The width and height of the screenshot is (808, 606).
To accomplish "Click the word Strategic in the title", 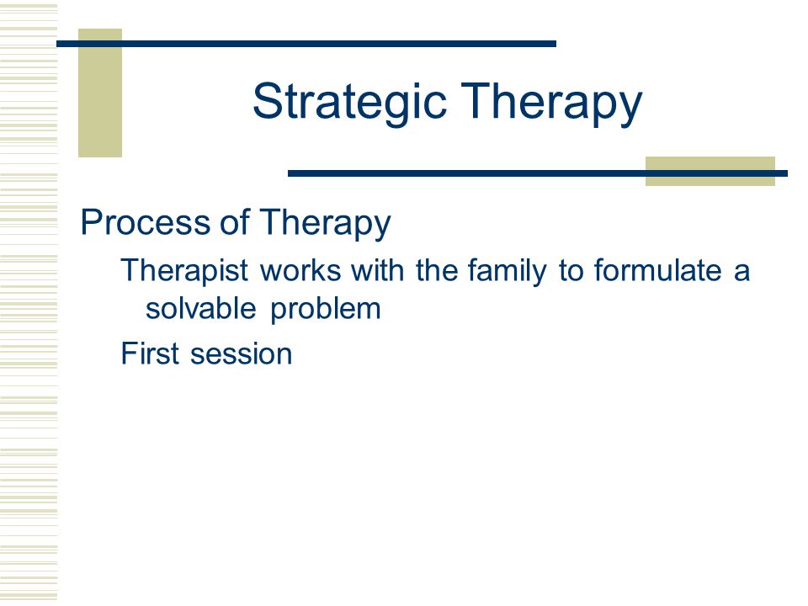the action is [x=349, y=102].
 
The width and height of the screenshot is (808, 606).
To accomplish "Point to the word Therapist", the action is [x=184, y=271].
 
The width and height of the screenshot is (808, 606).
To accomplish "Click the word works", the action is [x=300, y=270].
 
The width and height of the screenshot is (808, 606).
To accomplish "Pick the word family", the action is [x=507, y=271].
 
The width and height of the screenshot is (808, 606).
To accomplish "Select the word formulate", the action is [x=657, y=270].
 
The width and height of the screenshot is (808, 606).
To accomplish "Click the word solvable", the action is [x=201, y=308].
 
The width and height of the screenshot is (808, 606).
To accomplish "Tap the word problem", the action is [x=326, y=310].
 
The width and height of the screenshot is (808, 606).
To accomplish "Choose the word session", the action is [x=242, y=354].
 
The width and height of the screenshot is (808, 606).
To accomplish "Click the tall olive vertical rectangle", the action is [x=100, y=93].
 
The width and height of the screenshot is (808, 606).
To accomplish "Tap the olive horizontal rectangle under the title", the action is [x=710, y=171].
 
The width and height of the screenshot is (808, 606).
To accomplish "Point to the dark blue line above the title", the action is [x=306, y=44].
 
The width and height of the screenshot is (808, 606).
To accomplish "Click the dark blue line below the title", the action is [x=538, y=173].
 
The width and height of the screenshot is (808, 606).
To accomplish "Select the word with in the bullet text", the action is [x=378, y=270].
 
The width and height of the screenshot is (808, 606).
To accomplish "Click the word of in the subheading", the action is [x=235, y=223].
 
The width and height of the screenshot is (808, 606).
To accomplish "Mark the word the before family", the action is [x=437, y=270].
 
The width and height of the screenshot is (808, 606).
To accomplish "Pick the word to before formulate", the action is [x=571, y=271].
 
